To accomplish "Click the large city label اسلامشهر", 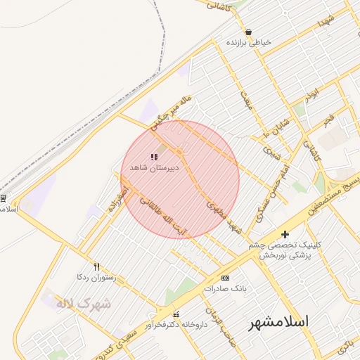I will pos(280,323).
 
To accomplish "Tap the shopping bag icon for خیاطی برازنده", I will pos(249,32).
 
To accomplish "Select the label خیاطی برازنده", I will pos(249,44).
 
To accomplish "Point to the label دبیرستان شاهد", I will pos(154,167).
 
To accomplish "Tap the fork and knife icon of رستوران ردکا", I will pos(96,266).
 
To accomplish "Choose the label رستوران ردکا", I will pos(97,278).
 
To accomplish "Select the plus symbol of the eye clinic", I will pos(285,234).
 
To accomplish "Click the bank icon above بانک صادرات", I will pos(225,278).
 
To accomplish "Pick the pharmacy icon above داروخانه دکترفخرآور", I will pos(176,314).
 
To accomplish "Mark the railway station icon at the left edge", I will pos(3,198).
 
